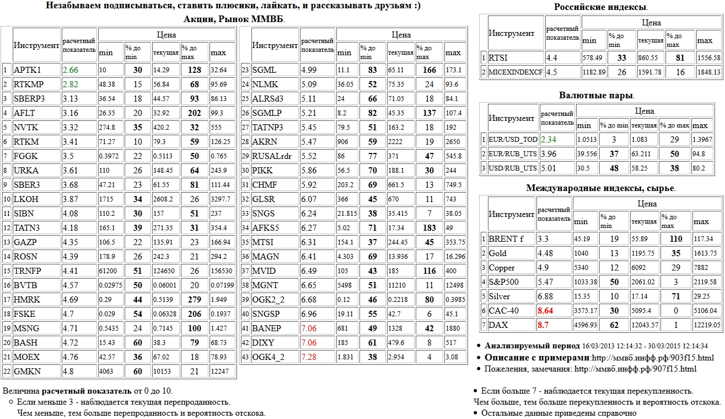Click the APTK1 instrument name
pos(27,70)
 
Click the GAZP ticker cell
pos(26,242)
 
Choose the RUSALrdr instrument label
pos(271,156)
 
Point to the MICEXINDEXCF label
pos(515,72)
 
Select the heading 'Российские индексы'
pos(600,7)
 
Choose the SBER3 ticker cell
pos(26,184)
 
